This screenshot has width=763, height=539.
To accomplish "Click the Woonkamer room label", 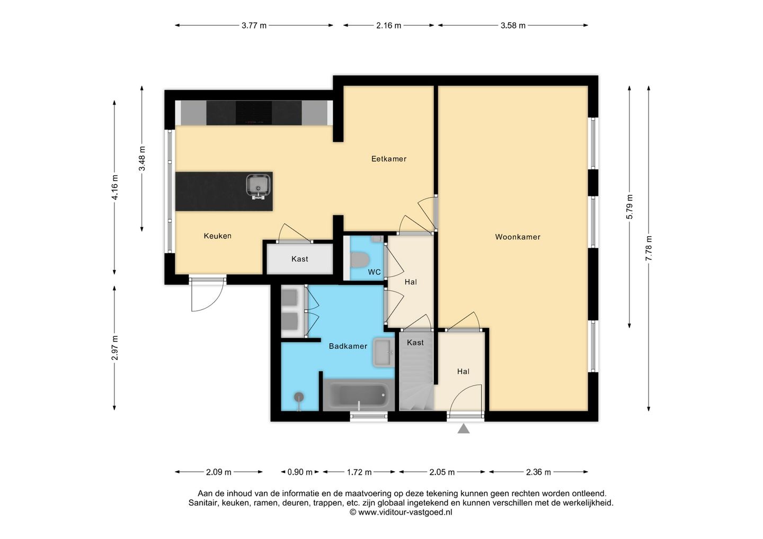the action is (517, 237).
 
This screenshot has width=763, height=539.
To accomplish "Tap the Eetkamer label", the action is (389, 158).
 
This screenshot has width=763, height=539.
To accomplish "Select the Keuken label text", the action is (217, 236).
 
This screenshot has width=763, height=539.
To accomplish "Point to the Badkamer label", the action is (348, 346).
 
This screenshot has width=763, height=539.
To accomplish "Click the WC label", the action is (374, 272).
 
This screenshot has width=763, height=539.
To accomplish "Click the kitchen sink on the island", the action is (259, 186).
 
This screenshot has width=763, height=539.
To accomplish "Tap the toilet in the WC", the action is (360, 259).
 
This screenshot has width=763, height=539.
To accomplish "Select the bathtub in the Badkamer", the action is (359, 395).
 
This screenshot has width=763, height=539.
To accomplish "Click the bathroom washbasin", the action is (383, 353).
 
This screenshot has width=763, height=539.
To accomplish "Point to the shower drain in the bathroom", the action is (299, 397).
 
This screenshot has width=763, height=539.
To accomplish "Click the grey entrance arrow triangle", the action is (464, 429).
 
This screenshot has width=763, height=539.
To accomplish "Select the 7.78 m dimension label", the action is (649, 248).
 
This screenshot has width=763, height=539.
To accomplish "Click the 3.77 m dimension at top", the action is (254, 25).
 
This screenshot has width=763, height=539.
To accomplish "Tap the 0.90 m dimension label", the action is (300, 472).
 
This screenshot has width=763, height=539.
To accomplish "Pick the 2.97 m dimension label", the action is (114, 348).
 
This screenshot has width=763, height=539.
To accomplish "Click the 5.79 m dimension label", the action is (629, 207).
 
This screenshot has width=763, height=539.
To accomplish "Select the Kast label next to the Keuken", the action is (299, 259).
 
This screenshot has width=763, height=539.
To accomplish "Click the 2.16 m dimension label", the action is (389, 25).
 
